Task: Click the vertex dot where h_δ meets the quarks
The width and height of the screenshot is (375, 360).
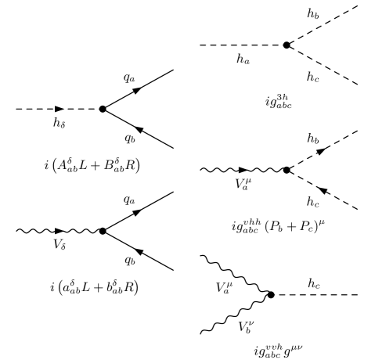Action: [103, 110]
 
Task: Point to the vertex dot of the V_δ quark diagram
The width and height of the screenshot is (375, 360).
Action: [103, 231]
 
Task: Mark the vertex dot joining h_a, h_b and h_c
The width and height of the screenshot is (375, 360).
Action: [287, 45]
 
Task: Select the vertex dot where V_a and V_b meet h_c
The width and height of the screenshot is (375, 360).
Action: [271, 295]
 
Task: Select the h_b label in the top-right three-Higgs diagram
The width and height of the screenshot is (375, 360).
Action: [316, 11]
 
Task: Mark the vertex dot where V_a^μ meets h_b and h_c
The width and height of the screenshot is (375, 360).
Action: [287, 169]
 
